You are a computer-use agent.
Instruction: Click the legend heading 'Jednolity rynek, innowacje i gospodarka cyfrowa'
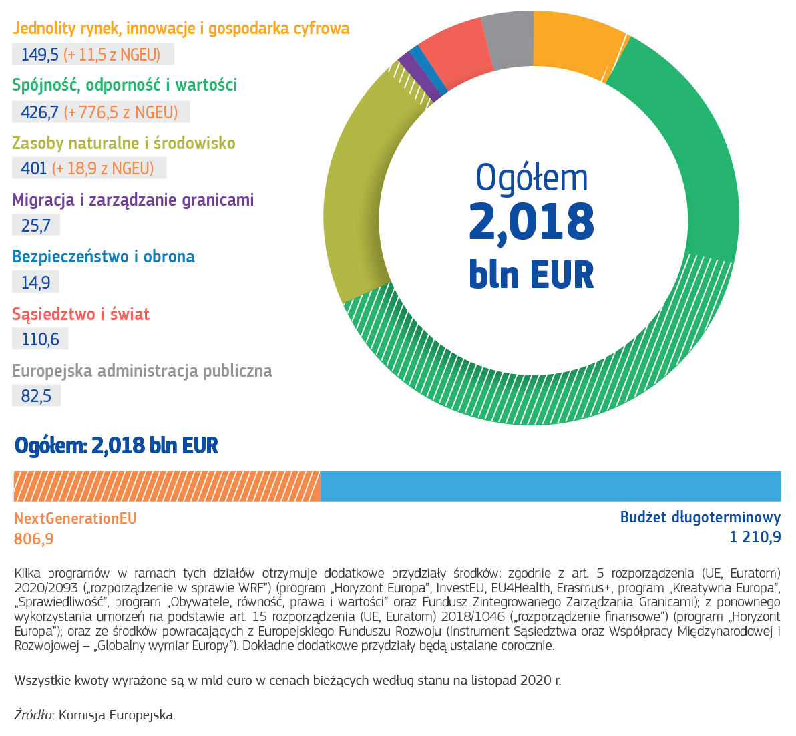coord(181,29)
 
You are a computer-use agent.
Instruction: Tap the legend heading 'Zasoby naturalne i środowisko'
coord(124,143)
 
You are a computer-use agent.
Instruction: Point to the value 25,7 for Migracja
coord(35,225)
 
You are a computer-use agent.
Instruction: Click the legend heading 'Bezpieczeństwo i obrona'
coord(104,257)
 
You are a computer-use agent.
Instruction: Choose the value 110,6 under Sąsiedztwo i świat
coord(40,339)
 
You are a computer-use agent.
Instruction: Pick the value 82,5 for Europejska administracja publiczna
coord(36,396)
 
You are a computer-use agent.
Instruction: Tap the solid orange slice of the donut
coord(576,45)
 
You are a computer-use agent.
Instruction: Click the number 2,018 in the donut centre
coord(532,222)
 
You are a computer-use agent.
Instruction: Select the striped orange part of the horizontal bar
coord(167,486)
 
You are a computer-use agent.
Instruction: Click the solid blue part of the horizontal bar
coord(551,486)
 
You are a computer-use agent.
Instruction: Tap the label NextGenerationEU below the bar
coord(75,518)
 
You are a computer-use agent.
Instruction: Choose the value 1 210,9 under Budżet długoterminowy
coord(755,537)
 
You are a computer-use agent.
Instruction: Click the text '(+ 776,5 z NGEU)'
coord(121,112)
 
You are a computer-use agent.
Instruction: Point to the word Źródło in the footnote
coord(33,715)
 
